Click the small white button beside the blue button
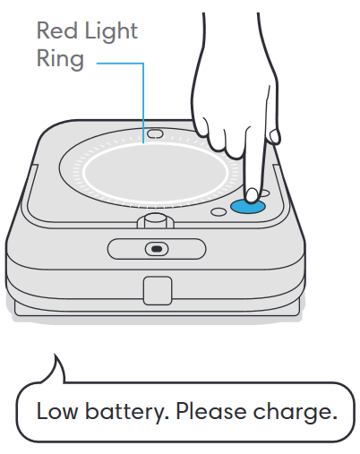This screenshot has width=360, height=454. tap(218, 213)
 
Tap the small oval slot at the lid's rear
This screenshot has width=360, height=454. tap(155, 133)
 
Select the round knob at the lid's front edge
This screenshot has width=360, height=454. tap(155, 218)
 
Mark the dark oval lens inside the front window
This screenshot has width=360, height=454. tap(156, 248)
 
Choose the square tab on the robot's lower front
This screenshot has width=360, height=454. tap(156, 289)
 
